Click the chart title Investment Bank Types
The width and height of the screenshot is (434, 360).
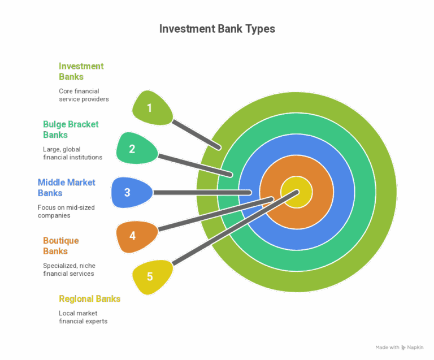tap(217, 29)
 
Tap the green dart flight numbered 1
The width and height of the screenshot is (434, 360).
tap(150, 107)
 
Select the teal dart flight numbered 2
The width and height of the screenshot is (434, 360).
tap(133, 149)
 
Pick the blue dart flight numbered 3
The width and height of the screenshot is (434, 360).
tap(128, 192)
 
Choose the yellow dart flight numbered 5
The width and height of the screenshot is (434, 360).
tap(149, 277)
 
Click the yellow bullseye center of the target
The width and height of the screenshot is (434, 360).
tap(297, 192)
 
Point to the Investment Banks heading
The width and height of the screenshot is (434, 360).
tap(81, 71)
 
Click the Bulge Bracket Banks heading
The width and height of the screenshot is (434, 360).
tap(71, 129)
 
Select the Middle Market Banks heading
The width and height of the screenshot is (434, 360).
tap(66, 187)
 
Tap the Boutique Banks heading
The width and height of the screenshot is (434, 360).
tap(61, 245)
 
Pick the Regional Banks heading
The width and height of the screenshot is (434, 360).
tap(90, 298)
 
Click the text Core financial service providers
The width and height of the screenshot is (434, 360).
tap(84, 94)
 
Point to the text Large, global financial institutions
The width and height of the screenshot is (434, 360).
tap(72, 153)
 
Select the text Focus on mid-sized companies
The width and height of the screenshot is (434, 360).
tap(66, 211)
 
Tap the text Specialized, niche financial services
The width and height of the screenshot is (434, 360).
tap(69, 269)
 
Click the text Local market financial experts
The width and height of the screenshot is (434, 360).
tap(83, 317)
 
